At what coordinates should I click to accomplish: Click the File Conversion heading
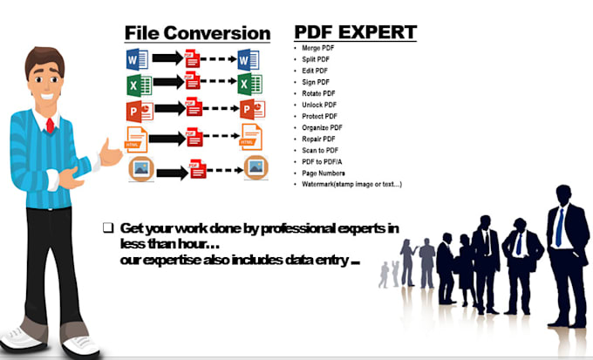click(x=197, y=33)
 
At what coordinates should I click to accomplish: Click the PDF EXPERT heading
click(x=355, y=32)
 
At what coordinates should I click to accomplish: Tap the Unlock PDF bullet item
click(x=318, y=105)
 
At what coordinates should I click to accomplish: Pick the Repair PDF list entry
click(x=318, y=139)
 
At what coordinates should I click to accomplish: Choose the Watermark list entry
click(x=350, y=184)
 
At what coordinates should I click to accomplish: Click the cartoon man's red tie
click(x=51, y=124)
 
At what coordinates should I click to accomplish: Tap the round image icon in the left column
click(x=140, y=168)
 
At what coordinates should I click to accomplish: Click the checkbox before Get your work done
click(x=108, y=228)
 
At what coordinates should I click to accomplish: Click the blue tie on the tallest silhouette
click(x=558, y=227)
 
